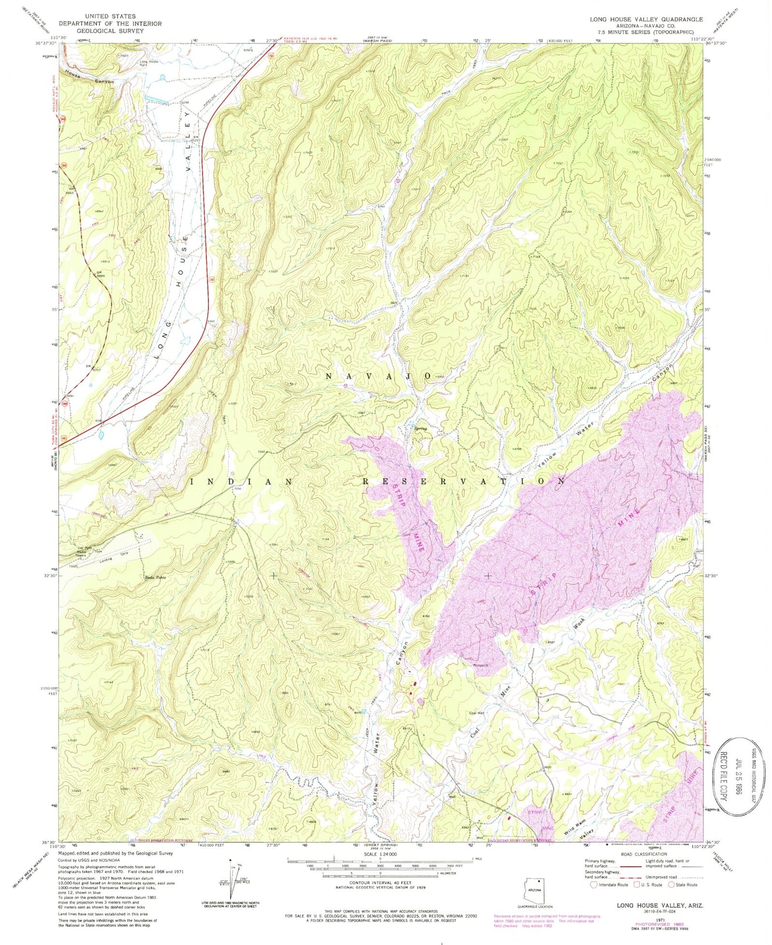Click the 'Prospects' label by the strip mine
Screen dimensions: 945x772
click(x=480, y=666)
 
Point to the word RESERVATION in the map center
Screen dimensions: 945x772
click(x=464, y=481)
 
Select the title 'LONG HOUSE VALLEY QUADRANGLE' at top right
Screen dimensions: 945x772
click(x=646, y=19)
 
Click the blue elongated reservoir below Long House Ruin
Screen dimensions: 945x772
click(x=157, y=99)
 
